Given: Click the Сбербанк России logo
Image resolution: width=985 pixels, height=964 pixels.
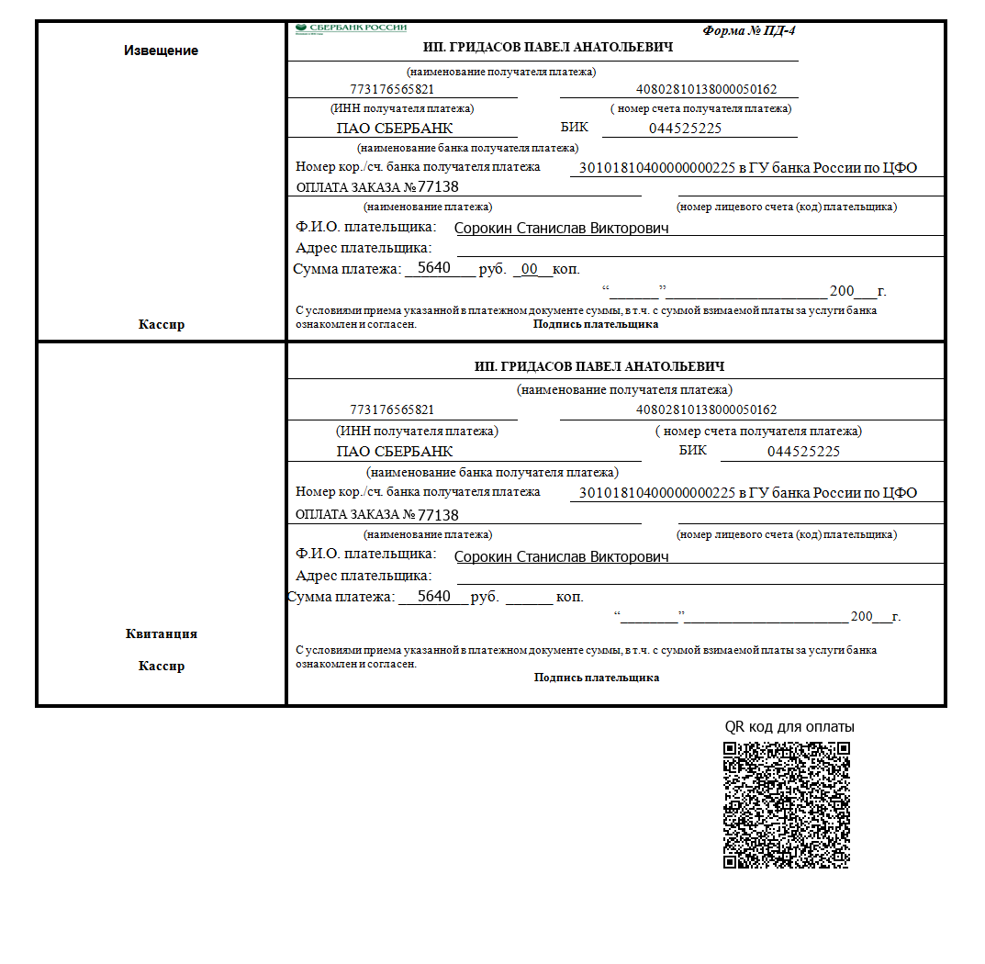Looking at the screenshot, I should click(352, 28).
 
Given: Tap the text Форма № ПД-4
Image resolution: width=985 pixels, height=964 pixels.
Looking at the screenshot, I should click(749, 30).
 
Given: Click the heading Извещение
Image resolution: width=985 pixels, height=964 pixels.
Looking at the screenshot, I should click(161, 50).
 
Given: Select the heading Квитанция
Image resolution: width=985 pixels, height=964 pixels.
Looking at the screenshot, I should click(161, 633).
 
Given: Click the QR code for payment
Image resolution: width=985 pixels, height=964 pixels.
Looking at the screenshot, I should click(786, 804).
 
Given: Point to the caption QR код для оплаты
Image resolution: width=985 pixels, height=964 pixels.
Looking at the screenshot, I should click(789, 727).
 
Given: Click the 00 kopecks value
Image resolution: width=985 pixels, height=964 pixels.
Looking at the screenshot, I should click(529, 269).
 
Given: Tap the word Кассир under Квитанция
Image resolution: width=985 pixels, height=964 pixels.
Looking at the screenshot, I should click(161, 666).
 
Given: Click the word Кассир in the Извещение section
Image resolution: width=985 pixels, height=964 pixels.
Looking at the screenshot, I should click(161, 324).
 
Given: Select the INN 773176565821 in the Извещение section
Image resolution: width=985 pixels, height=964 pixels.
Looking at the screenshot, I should click(392, 90).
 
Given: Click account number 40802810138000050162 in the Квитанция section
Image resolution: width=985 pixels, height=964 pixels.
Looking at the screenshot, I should click(706, 409).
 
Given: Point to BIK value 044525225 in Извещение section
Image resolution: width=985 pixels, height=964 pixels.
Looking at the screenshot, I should click(685, 129).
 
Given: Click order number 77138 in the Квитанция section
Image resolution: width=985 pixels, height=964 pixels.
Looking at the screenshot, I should click(438, 515).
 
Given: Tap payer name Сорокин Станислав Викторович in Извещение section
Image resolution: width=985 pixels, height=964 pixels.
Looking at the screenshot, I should click(562, 228).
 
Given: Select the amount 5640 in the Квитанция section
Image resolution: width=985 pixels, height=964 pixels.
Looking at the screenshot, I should click(433, 597).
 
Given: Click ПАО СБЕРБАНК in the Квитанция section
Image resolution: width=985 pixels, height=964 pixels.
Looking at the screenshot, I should click(395, 452).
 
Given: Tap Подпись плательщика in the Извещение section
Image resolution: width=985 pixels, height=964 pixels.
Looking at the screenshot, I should click(596, 324).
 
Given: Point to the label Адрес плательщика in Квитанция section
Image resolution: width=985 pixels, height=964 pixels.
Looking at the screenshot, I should click(364, 576).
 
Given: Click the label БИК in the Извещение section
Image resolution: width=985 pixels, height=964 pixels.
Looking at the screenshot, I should click(574, 128).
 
